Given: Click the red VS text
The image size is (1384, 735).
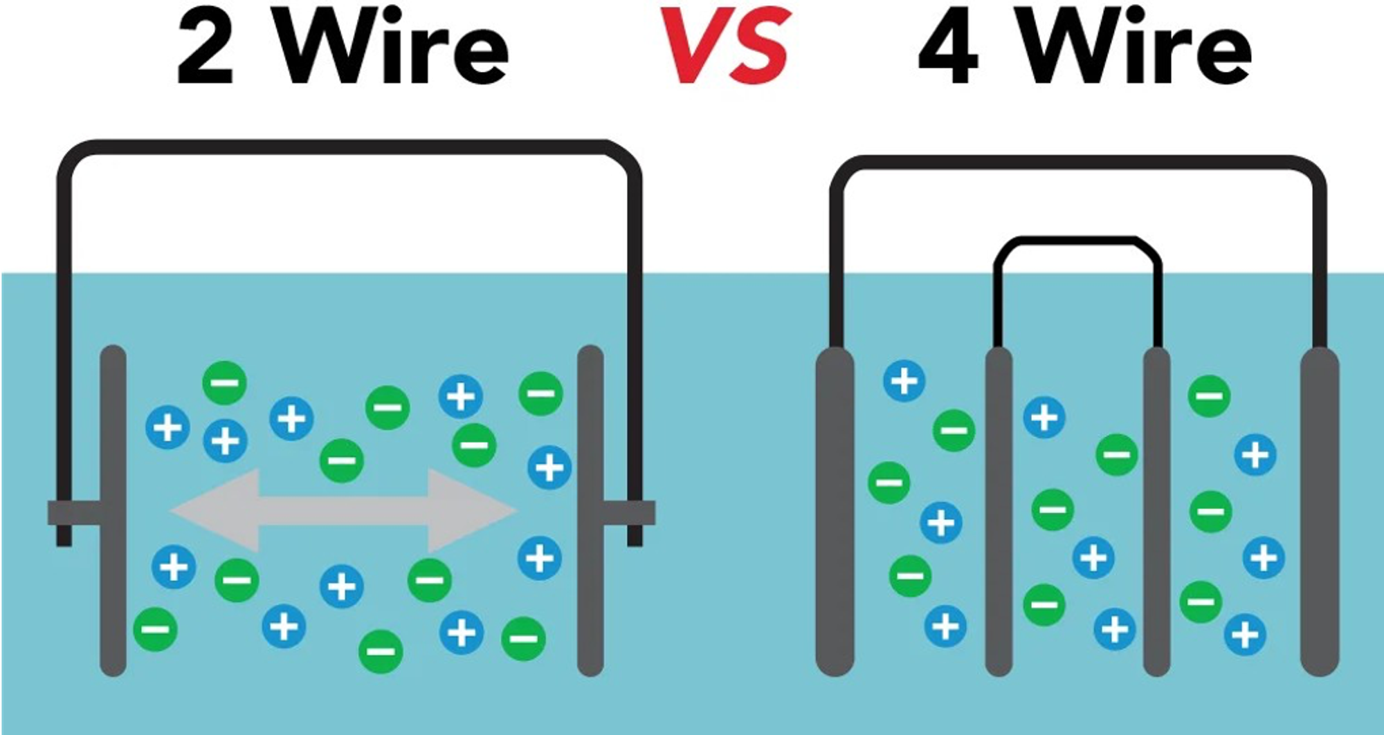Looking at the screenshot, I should pos(725,46).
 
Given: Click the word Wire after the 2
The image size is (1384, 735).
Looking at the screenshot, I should pos(393,47).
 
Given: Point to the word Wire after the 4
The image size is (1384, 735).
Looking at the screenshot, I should pos(1136,47).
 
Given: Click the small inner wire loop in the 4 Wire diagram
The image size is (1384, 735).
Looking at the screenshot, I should pos(1077,241).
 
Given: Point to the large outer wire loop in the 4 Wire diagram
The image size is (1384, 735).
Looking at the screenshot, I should pos(1077,163).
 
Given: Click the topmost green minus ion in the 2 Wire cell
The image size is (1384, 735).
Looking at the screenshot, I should pos(225,382).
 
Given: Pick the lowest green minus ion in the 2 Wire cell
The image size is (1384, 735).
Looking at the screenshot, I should pos(381,651).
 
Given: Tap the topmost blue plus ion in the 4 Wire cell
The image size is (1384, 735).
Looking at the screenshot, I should pos(904,381).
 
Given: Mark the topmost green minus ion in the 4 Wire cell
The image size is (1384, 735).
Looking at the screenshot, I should pos(1209,396).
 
